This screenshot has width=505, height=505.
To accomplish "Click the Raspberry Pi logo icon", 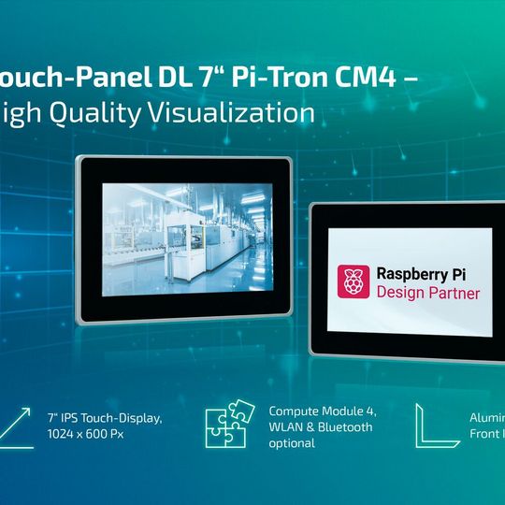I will click(353, 281).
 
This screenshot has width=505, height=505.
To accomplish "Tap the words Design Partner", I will click(427, 293).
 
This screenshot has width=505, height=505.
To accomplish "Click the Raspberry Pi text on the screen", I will click(427, 273).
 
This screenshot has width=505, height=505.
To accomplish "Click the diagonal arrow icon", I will click(20, 426).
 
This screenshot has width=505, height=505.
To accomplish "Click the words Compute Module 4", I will click(321, 411).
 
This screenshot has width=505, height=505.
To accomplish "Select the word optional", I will click(292, 444).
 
